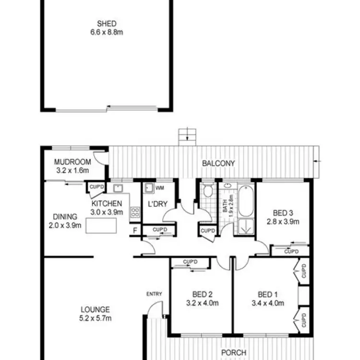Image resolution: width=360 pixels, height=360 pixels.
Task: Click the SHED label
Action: (107, 24)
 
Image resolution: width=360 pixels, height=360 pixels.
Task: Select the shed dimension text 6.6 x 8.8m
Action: (107, 32)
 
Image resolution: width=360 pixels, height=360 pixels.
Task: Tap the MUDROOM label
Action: (70, 162)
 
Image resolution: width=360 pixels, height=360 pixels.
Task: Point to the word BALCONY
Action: (218, 163)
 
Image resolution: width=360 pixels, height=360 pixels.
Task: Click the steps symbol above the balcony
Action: (187, 136)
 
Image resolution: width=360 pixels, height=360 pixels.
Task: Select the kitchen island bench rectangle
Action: (102, 226)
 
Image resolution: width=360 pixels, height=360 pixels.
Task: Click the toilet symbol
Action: (208, 191)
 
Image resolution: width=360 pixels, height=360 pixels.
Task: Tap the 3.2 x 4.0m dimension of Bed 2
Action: (203, 303)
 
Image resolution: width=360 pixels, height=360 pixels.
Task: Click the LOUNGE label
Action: (95, 310)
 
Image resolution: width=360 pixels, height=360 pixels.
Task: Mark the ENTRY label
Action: (155, 294)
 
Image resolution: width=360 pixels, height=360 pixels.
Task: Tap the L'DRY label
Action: (157, 204)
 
